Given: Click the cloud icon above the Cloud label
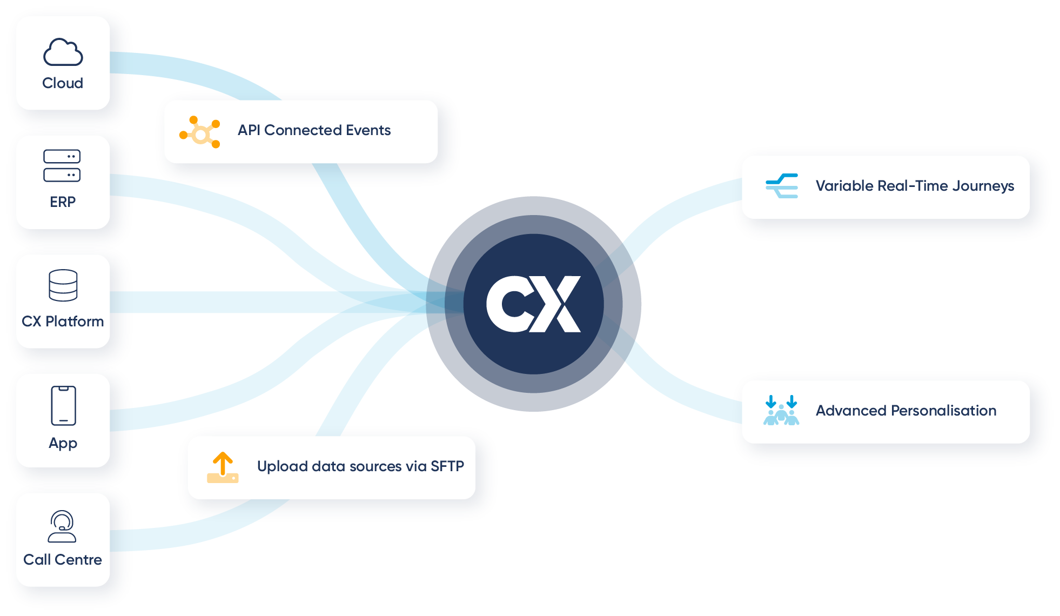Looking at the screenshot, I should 63,52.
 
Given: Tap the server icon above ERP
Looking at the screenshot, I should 62,165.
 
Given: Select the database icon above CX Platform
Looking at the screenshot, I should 63,285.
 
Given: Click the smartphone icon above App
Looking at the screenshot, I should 63,405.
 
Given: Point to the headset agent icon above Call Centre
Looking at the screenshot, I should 62,526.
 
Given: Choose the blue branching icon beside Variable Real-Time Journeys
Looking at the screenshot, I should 782,186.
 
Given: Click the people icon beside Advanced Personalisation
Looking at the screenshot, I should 781,411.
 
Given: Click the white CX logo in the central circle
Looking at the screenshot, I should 533,304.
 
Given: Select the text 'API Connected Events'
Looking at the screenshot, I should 314,130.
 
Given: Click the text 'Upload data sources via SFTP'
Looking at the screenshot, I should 360,466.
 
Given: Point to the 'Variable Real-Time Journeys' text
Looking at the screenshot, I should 915,186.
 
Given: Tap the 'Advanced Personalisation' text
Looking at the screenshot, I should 905,411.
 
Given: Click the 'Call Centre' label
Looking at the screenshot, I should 63,559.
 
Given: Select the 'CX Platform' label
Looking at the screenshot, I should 63,322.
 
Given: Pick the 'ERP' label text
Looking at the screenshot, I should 63,202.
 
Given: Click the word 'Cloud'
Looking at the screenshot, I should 63,83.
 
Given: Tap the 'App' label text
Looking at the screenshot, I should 63,444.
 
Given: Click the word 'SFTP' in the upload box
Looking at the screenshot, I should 447,466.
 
